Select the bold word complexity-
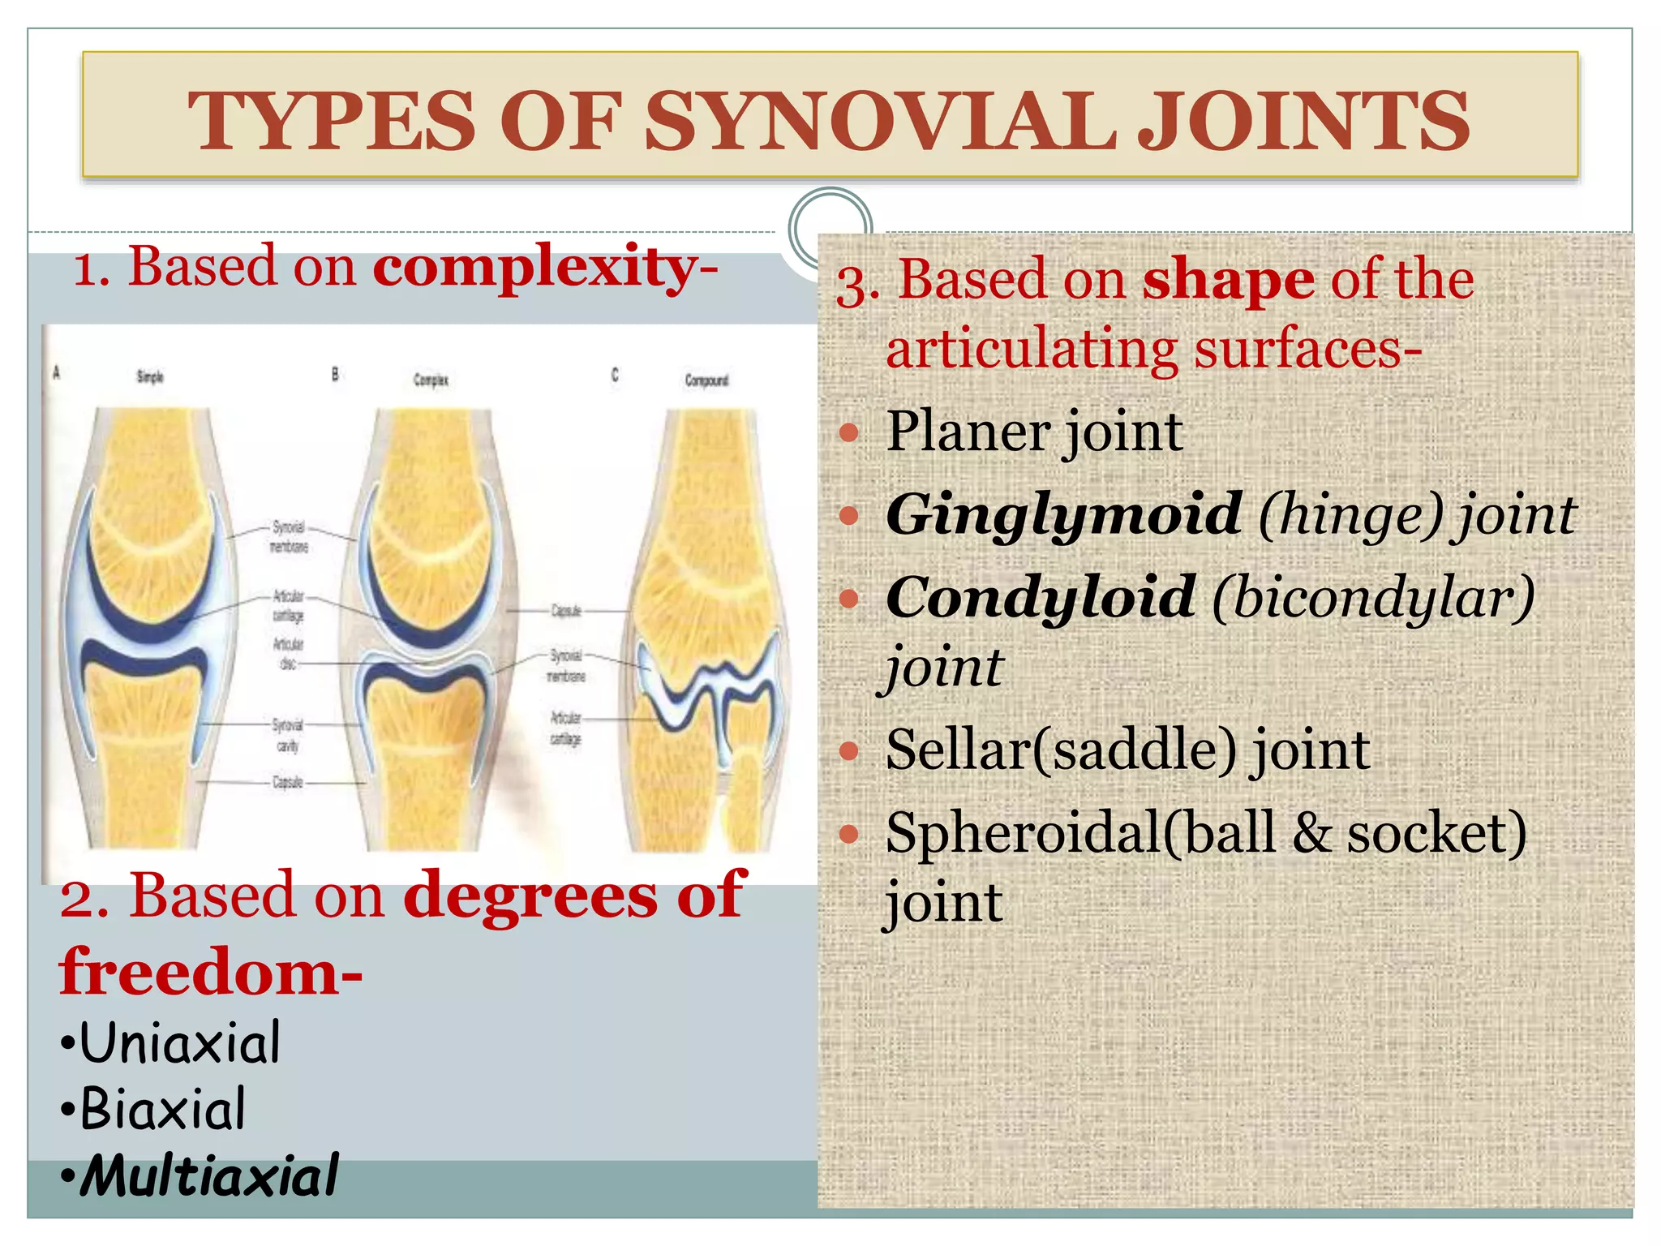(x=545, y=268)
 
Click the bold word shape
(x=1228, y=281)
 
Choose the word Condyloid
(x=1041, y=598)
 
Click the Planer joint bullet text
(x=1034, y=432)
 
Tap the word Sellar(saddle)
(x=1061, y=750)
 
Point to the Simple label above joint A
(x=150, y=376)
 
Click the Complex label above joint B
(x=431, y=380)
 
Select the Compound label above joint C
(x=706, y=380)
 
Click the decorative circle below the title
(x=830, y=229)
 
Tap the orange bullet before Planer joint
(x=848, y=432)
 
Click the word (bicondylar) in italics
(x=1373, y=598)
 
